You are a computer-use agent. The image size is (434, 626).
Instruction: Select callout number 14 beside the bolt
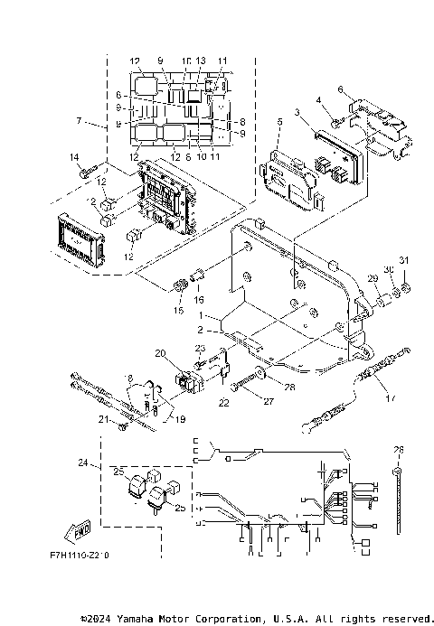[75, 158]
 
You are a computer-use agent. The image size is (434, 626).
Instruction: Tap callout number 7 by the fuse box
[80, 120]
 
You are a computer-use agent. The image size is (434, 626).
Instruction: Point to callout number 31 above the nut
[405, 261]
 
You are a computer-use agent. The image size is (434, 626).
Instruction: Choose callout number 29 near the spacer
[371, 276]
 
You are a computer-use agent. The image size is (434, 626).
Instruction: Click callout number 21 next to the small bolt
[103, 421]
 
